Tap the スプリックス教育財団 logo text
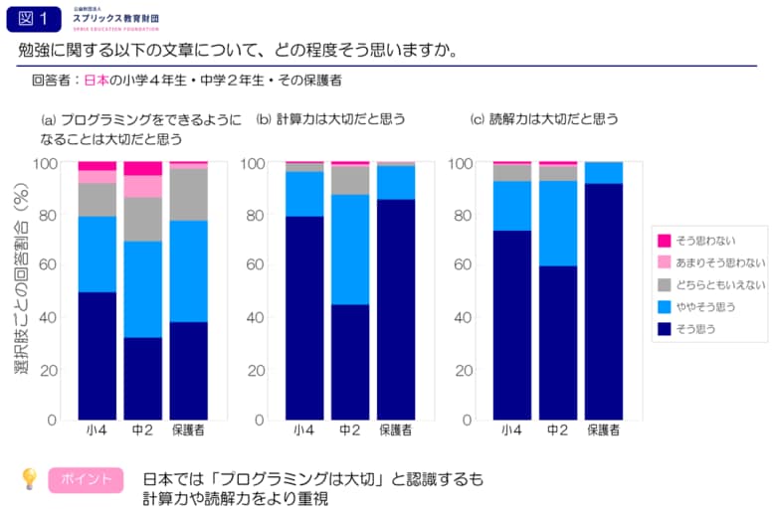115,19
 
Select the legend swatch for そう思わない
664,241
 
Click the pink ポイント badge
86,480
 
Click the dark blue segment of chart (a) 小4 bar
97,355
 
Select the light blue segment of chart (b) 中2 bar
349,249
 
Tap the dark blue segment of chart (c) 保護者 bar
603,300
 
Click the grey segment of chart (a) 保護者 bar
189,194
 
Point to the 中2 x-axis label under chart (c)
557,431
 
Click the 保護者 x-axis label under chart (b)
396,431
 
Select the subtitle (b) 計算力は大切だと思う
330,119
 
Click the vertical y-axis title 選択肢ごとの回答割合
20,283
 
